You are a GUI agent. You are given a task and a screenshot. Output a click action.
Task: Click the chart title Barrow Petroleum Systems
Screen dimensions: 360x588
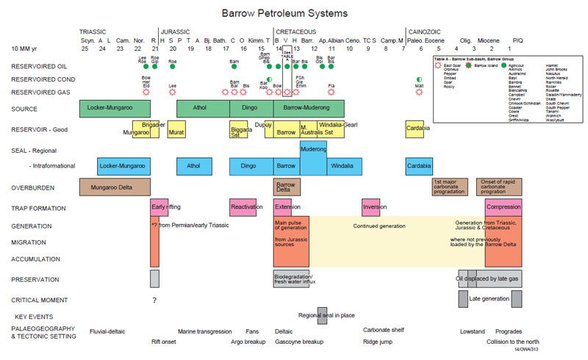[284, 13]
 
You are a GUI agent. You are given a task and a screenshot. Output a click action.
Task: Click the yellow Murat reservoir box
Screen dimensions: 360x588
[176, 133]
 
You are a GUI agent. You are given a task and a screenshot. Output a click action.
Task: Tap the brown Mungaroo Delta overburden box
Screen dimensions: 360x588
[115, 187]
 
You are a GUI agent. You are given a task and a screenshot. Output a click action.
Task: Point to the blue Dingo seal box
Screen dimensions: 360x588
[248, 166]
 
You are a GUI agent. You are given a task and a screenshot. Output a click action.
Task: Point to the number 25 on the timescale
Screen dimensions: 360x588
[85, 48]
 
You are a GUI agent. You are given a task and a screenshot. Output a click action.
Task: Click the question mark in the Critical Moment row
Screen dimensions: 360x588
[154, 300]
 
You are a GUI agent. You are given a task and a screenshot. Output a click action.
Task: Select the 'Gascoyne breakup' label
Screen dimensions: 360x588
[299, 342]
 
